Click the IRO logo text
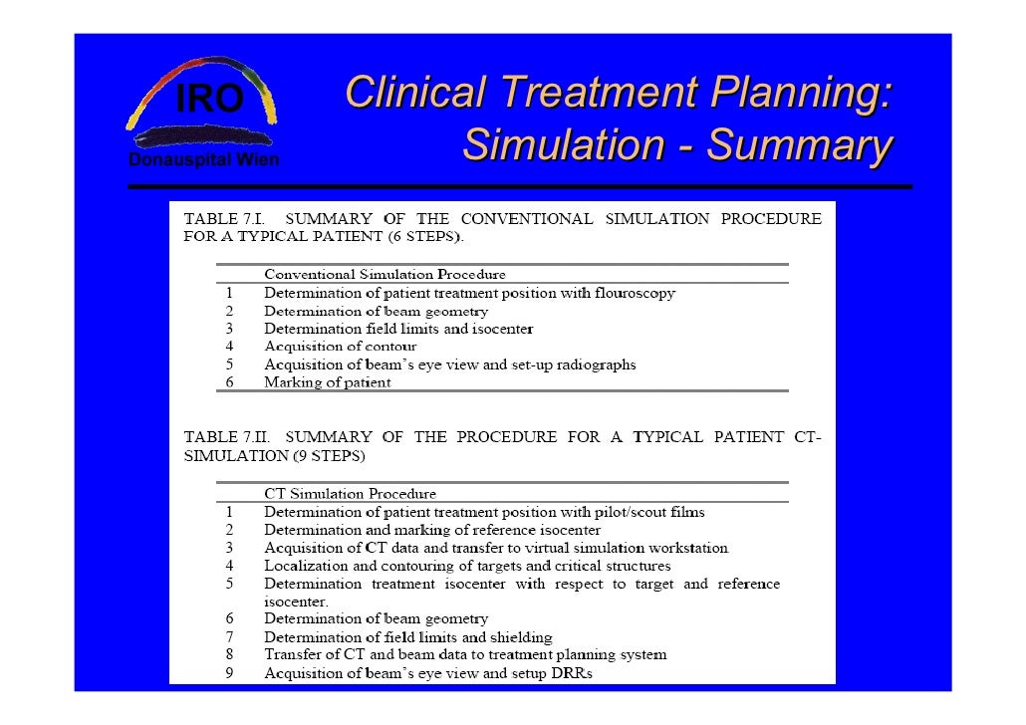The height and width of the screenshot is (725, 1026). [x=208, y=101]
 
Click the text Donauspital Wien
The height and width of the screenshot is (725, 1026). [x=204, y=160]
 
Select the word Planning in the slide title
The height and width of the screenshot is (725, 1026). [x=796, y=94]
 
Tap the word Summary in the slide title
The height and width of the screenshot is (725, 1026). [x=798, y=145]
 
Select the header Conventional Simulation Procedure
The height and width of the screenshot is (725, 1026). [x=385, y=274]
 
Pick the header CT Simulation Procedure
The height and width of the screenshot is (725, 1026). [x=350, y=494]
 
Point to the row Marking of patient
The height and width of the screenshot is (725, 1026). [x=327, y=382]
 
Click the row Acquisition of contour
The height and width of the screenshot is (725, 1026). [x=340, y=347]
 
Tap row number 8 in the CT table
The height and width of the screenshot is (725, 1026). [x=228, y=655]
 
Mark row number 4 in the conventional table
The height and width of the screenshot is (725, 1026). [x=228, y=347]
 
